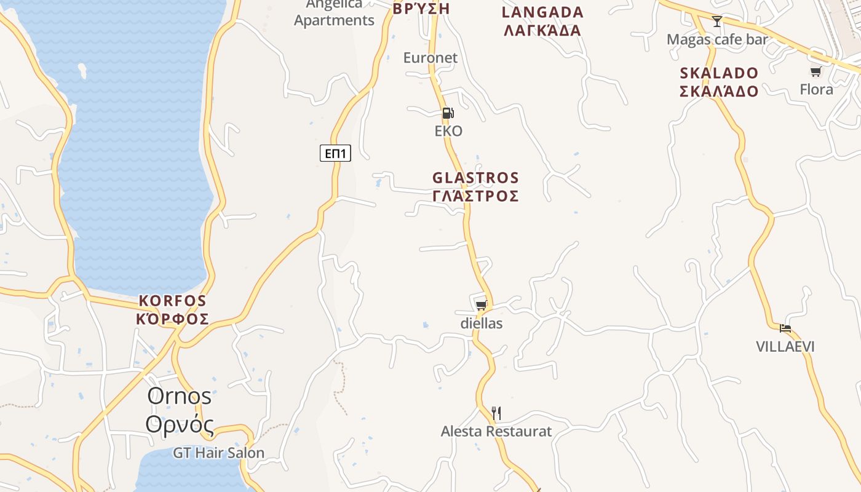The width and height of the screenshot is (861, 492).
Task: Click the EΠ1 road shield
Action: [335, 153]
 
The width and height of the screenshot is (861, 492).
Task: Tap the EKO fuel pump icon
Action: [448, 113]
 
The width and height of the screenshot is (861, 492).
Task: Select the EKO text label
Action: [448, 131]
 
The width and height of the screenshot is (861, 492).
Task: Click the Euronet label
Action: [430, 58]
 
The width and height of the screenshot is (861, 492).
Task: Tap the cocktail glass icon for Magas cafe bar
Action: [717, 22]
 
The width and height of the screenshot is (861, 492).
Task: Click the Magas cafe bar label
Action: [718, 40]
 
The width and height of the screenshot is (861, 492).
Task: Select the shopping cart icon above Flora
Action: [816, 72]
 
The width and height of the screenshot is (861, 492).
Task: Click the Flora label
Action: [816, 90]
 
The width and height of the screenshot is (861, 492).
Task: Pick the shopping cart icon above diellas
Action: [482, 305]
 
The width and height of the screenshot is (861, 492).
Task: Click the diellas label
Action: [482, 323]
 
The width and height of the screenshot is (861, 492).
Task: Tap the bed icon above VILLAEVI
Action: [785, 328]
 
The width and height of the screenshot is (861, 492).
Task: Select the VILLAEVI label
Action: [785, 347]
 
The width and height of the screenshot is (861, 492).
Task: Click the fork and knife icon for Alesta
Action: [496, 413]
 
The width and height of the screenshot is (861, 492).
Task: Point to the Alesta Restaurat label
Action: [496, 432]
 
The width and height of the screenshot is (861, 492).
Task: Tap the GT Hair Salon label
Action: [218, 453]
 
